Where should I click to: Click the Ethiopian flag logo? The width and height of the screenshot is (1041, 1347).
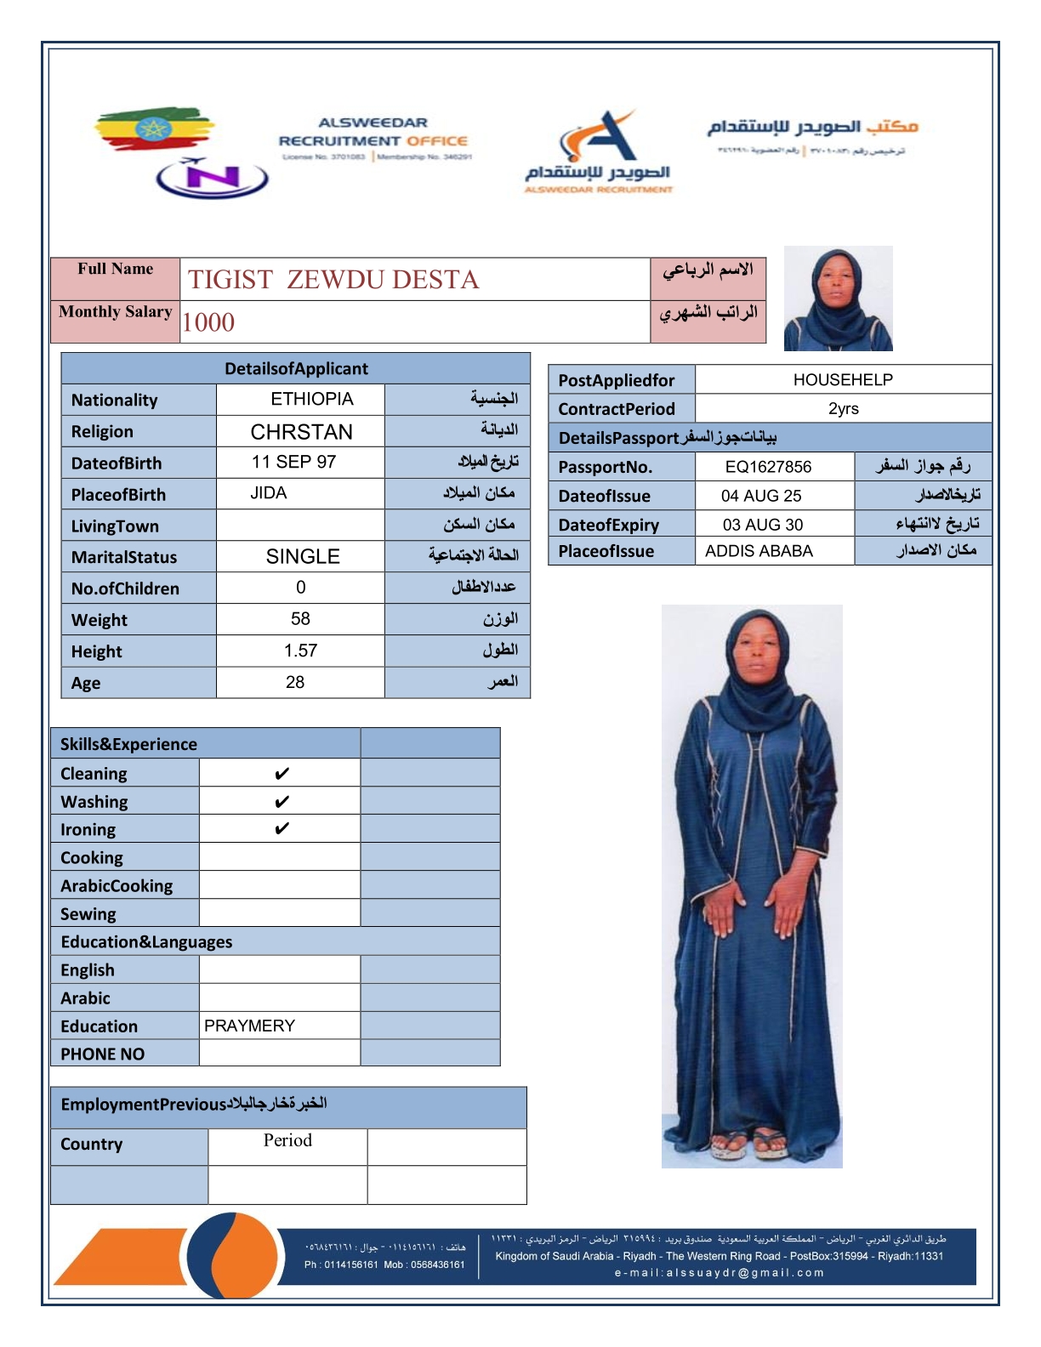[x=153, y=130]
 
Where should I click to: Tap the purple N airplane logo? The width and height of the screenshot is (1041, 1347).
[x=213, y=178]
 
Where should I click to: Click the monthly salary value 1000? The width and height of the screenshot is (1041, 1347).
[x=208, y=322]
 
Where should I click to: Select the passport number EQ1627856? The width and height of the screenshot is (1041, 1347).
[x=768, y=467]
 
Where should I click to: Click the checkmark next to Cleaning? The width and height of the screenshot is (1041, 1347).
[x=282, y=774]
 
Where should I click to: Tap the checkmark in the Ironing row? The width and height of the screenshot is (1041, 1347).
[x=282, y=829]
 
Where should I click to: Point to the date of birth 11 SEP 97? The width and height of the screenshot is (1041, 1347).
[x=293, y=462]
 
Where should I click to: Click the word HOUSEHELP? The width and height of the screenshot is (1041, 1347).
[x=843, y=379]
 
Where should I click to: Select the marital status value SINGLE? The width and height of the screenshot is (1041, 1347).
[x=303, y=557]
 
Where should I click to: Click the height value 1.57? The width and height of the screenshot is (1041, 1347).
[x=300, y=651]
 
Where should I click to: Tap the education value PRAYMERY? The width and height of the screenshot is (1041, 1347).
[x=249, y=1026]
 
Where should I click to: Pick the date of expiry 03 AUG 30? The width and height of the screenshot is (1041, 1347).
[x=763, y=525]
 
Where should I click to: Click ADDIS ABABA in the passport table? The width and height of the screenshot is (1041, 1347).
[x=759, y=551]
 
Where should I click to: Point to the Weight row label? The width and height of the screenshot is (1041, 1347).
[x=100, y=620]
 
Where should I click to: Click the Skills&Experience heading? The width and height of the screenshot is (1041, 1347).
[x=128, y=744]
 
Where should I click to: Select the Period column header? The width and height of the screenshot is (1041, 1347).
[x=287, y=1140]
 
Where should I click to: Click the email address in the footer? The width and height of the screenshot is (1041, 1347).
[x=720, y=1273]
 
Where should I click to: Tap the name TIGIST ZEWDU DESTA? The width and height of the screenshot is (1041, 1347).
[x=333, y=280]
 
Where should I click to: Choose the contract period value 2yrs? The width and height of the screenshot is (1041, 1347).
[x=843, y=408]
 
